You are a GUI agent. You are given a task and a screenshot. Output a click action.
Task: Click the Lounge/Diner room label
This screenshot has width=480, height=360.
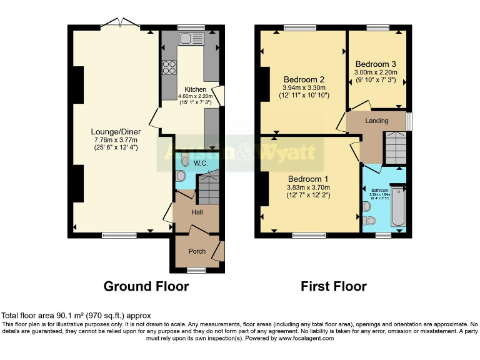116,132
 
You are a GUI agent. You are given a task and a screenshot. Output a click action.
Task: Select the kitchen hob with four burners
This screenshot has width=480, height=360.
169,67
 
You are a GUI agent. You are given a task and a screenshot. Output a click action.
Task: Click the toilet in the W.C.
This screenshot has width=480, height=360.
182,161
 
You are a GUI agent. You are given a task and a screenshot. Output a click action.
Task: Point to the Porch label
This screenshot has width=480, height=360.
197,251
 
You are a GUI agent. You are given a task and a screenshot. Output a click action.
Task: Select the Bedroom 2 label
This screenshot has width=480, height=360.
304,79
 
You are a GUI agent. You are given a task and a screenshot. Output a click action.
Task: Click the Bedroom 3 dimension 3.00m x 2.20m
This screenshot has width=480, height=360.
377,73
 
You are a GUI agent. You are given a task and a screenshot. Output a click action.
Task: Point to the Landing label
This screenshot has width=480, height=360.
376,121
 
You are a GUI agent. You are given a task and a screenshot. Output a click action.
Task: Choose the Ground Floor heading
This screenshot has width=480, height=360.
146,286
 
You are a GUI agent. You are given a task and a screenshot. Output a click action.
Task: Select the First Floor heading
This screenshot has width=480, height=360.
334,286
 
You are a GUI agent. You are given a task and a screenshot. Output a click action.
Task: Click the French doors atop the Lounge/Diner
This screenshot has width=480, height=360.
120,24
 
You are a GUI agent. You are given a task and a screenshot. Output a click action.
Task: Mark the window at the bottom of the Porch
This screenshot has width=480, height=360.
196,270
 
